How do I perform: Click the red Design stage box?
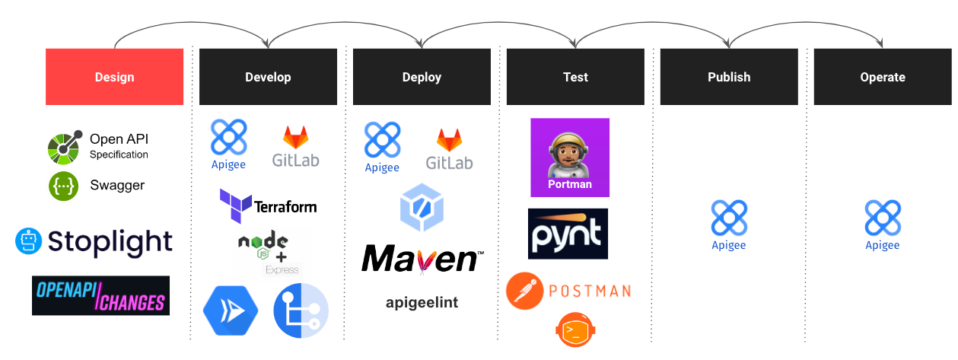tap(114, 77)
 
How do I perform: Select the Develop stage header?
tap(268, 77)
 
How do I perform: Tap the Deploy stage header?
tap(422, 77)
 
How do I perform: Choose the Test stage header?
tap(575, 77)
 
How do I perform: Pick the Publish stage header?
tap(728, 77)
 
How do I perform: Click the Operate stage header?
tap(882, 77)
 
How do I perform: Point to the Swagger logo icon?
tap(64, 186)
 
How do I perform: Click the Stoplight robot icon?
tap(27, 241)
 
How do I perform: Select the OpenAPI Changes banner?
tap(100, 295)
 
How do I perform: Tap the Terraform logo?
tap(268, 205)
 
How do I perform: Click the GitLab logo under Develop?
tap(295, 146)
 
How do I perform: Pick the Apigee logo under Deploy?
tap(382, 147)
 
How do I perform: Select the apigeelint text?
tap(422, 302)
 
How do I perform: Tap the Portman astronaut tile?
tap(570, 158)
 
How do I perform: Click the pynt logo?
tap(568, 234)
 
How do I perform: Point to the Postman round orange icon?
tap(524, 291)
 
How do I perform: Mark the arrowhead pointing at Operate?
tap(880, 44)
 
